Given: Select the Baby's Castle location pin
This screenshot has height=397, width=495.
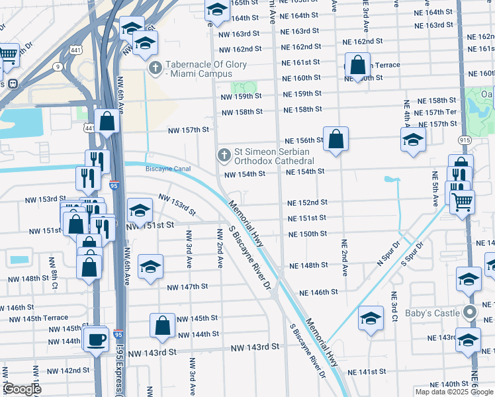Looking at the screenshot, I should tap(471, 312).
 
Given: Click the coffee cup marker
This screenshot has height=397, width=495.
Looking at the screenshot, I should tap(97, 339).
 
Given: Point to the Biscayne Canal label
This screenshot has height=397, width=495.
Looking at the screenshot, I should tap(168, 169).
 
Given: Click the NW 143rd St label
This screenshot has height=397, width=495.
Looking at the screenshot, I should tap(254, 347).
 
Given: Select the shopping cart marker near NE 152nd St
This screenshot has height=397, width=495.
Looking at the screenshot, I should tap(463, 202).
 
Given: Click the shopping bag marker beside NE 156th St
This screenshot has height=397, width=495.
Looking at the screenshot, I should tap(336, 139).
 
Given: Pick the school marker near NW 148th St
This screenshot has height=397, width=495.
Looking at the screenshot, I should tap(151, 267).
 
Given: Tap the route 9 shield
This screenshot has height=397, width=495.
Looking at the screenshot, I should tap(58, 66).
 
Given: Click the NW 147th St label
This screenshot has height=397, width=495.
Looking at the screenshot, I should tap(187, 287).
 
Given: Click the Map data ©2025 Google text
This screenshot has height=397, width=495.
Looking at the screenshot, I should tap(455, 392).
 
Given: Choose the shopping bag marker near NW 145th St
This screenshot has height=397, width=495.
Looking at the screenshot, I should tap(163, 326).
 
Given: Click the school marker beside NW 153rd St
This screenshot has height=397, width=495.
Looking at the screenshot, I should tap(140, 211).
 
